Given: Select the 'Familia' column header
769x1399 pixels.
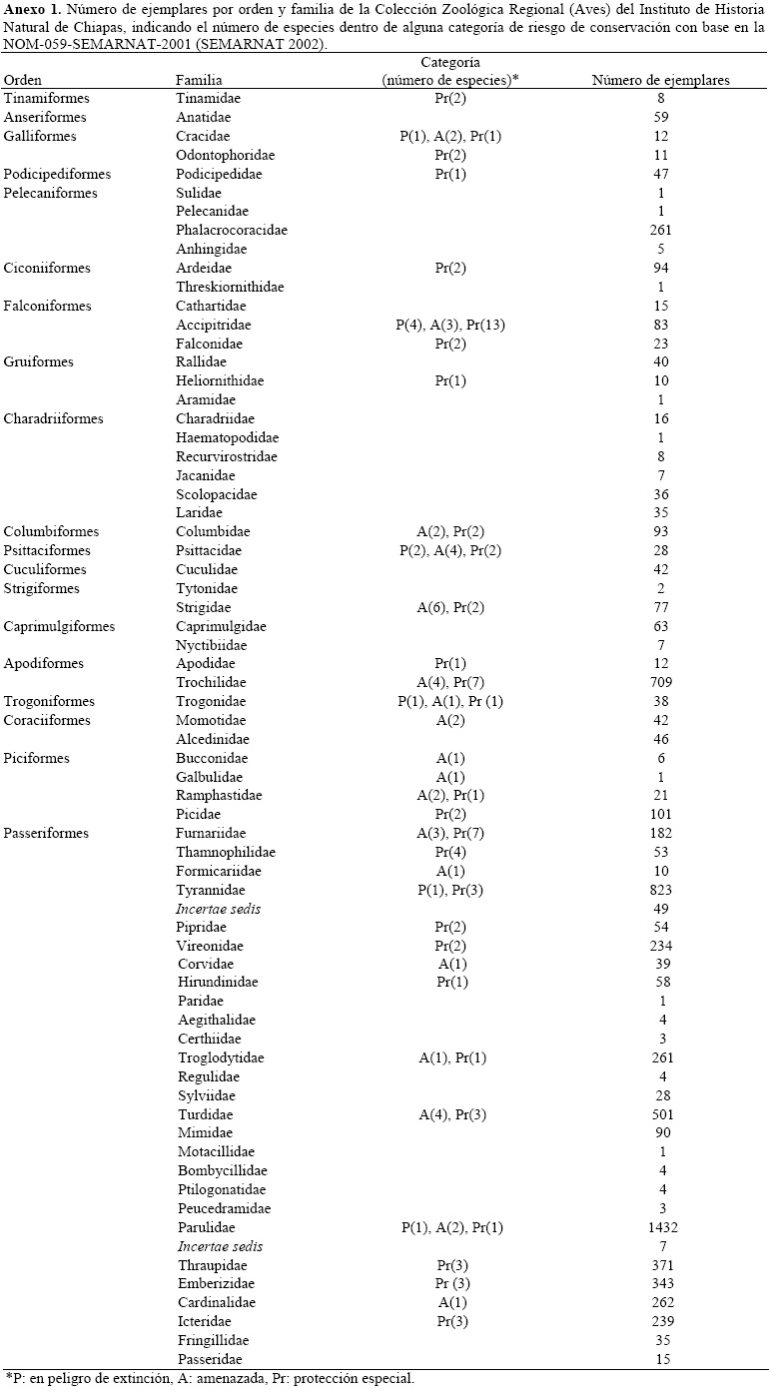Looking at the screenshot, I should [199, 80].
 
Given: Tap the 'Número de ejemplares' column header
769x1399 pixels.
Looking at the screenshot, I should [660, 80].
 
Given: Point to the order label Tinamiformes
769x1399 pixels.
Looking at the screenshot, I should [47, 99].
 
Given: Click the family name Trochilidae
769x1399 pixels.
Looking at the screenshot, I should [209, 682].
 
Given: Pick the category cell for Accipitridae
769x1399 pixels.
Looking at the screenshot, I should [450, 326].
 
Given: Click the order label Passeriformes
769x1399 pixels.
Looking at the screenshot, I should [46, 833].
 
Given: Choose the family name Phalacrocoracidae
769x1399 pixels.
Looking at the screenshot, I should [232, 231].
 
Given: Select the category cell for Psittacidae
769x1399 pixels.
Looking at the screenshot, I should [450, 550].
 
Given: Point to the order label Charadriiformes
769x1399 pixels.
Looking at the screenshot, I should [53, 418].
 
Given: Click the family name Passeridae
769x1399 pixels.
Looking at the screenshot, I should [210, 1359].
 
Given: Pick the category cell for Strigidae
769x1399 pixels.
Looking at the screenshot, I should [450, 607].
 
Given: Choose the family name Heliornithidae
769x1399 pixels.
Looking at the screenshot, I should [220, 380].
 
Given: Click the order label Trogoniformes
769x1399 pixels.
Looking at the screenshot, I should [47, 701].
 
